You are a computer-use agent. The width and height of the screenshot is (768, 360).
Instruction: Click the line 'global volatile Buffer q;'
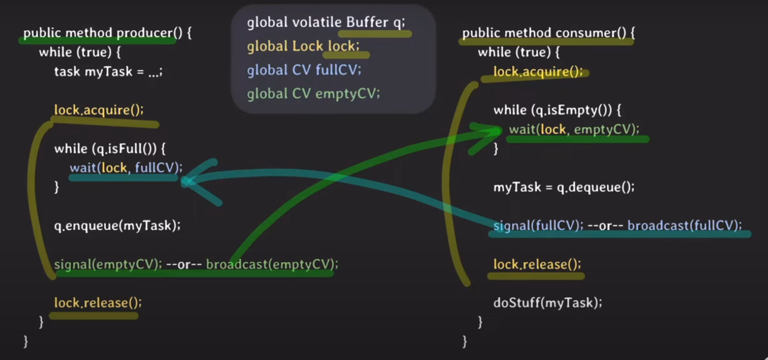[326, 22]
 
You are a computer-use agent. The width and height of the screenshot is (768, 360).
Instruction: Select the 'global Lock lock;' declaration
[303, 46]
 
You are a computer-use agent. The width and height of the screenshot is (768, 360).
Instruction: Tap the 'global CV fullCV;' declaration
[304, 70]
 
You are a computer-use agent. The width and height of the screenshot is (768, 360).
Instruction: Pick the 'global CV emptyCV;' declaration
[313, 94]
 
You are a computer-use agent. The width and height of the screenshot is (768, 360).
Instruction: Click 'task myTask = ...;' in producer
[108, 71]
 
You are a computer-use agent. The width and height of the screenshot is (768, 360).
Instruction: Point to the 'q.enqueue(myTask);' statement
[117, 225]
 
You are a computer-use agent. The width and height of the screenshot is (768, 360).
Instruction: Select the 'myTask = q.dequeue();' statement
[564, 187]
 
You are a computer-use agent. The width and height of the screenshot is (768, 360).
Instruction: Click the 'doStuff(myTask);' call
[547, 303]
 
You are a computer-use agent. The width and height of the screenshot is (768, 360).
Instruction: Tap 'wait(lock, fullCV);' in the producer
[126, 168]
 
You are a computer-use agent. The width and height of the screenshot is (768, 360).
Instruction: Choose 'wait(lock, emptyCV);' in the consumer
[574, 129]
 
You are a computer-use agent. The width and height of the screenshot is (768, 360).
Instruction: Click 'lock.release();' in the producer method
[98, 303]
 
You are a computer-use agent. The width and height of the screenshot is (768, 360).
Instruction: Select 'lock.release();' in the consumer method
[537, 264]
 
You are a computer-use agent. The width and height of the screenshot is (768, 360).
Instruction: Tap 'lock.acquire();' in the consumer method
[538, 71]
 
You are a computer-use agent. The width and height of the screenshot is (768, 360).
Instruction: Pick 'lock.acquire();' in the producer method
[99, 110]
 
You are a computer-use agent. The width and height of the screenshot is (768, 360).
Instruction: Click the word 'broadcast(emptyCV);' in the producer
[272, 264]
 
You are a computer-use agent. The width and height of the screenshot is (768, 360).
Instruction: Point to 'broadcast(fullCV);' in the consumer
[684, 225]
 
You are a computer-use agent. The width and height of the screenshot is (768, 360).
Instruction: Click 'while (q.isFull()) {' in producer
[110, 149]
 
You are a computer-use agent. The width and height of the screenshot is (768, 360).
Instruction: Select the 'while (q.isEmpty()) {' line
[557, 110]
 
